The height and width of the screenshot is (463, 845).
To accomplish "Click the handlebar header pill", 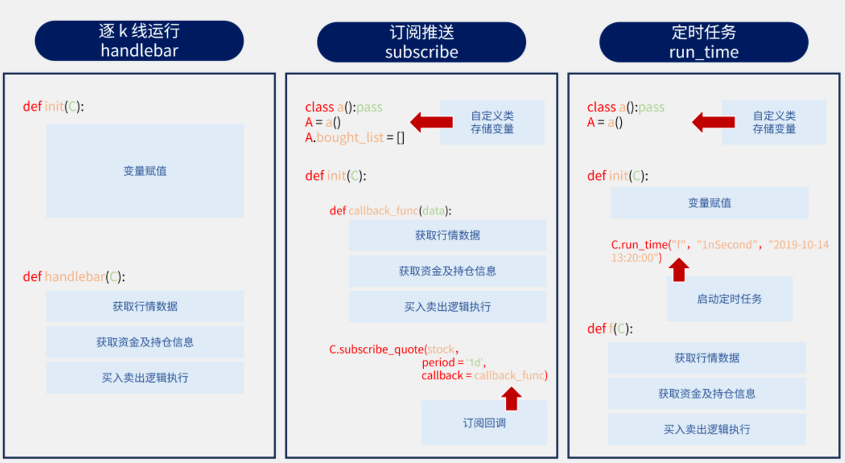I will point(139,41).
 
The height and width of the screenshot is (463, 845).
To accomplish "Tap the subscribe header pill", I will point(421,42).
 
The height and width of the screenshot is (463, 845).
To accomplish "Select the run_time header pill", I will point(704,42).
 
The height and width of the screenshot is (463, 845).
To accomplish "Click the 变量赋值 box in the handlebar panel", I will point(145,171).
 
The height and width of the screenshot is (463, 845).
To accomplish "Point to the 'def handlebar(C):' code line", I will point(74,277).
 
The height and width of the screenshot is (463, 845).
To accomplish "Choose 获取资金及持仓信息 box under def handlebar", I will point(145,342).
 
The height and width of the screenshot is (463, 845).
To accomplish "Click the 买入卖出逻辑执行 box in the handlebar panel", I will point(145,378).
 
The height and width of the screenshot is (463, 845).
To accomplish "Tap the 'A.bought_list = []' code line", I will point(354,138).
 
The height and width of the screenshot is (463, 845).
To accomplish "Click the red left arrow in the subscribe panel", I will point(431,122).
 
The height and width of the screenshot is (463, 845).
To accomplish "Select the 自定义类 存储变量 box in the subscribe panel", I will point(492,122).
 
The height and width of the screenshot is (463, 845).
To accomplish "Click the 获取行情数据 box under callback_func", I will point(448,236).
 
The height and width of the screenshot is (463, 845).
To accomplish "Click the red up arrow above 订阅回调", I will point(512,398).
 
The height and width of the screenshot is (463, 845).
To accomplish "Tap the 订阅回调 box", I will point(484,423).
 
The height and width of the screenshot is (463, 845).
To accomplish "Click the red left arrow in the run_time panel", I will point(714,122).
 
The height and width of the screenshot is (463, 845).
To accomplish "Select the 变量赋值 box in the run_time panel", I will point(709,203).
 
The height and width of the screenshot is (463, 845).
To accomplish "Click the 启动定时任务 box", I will point(729,299).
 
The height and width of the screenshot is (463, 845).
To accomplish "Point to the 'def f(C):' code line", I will point(610,329).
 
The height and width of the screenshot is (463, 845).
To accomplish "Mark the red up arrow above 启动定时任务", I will point(680,270).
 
